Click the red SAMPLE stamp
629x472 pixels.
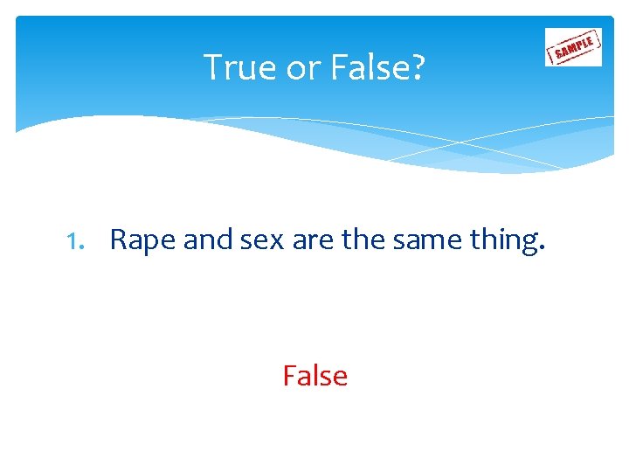[573, 47]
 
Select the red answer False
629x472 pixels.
[314, 376]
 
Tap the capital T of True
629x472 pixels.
[211, 66]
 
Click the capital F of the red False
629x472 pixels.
[289, 376]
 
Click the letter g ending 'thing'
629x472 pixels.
[530, 244]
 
